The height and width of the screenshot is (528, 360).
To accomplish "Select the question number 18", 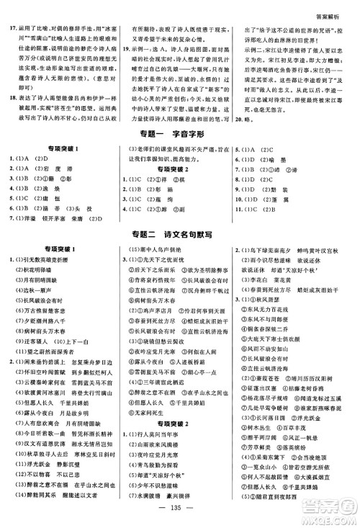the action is (11, 103).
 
